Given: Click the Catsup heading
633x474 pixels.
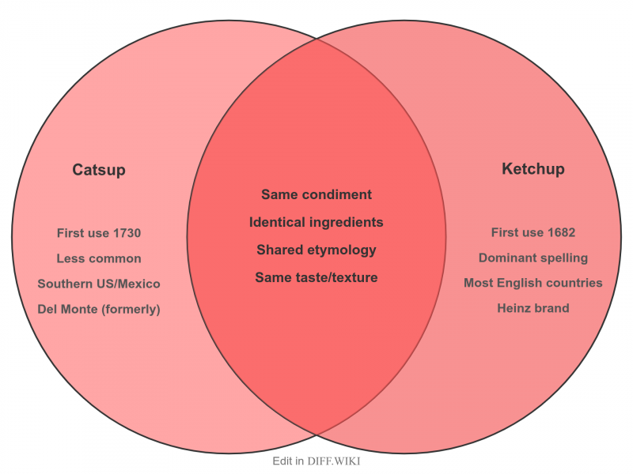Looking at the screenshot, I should coord(99,170).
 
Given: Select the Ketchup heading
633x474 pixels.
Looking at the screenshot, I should coord(533,169).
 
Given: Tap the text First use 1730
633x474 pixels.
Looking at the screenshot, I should coord(99,233).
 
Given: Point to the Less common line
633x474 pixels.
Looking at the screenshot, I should coord(99,258).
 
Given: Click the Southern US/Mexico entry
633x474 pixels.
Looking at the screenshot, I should coord(99,284).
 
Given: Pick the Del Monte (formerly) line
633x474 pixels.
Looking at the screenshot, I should coord(99,309).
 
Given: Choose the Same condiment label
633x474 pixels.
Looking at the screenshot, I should coord(316,194).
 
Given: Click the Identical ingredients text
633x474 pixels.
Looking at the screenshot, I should coord(316,222).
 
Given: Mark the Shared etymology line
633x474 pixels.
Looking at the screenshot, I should coord(316,250).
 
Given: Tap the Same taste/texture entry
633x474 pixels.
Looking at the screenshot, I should coord(316,277).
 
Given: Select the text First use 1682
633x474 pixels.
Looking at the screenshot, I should coord(533,232).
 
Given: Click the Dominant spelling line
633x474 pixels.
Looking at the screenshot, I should coord(533,258).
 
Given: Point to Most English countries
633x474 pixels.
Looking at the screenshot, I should coord(533,283).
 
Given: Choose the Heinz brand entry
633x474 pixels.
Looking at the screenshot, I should coord(533,308).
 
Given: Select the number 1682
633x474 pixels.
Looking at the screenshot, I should coord(560,232).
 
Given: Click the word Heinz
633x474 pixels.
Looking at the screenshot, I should coord(515,308).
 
